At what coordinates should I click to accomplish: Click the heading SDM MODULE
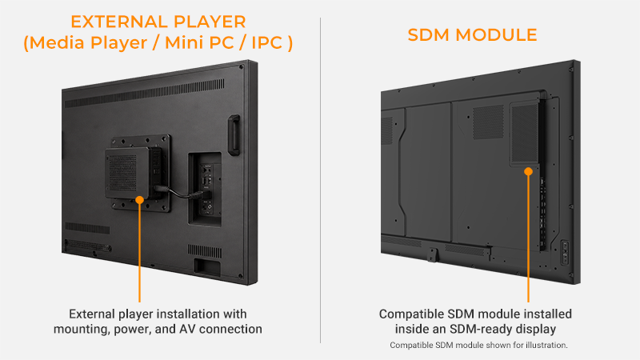pos(472,35)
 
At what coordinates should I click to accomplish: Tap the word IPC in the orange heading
pos(267,43)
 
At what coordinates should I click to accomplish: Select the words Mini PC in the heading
pos(199,43)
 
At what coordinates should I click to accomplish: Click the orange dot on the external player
pos(139,200)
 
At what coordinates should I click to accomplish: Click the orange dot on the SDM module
pos(529,171)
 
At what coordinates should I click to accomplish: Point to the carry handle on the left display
pos(234,135)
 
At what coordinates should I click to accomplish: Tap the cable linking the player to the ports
pos(182,193)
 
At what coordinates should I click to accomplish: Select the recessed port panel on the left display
pos(205,189)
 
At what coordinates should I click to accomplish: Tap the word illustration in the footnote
pos(546,346)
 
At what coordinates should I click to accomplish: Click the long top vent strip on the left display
pos(145,94)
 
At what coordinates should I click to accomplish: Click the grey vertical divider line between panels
pos(321,180)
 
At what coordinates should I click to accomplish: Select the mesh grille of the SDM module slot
pos(525,133)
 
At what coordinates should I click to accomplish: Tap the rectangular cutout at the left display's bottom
pos(207,266)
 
